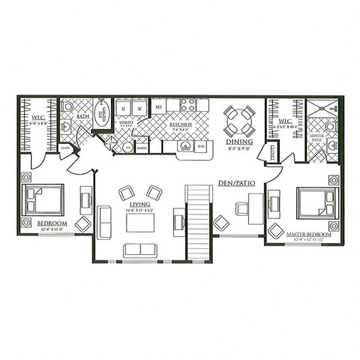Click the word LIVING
[139, 204]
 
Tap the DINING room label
[239, 141]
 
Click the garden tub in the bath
[101, 113]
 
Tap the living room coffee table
[140, 223]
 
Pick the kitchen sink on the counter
[184, 145]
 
